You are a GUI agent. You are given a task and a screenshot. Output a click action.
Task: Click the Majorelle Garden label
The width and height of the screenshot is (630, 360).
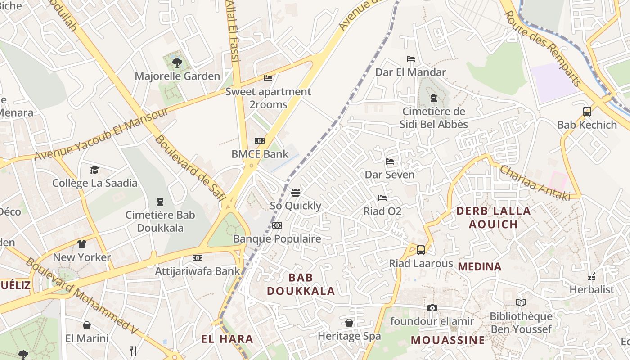tap(177, 76)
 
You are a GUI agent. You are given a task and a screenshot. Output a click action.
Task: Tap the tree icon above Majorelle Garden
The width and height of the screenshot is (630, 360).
tap(177, 63)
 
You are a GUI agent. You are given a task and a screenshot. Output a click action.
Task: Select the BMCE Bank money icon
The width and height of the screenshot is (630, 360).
tap(260, 141)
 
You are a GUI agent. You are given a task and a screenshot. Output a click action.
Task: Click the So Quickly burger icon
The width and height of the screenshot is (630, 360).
tap(296, 193)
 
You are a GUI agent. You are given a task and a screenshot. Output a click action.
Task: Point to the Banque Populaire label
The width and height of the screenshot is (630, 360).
tap(277, 239)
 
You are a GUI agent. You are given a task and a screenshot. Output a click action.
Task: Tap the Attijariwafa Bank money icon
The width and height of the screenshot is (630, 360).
tap(198, 258)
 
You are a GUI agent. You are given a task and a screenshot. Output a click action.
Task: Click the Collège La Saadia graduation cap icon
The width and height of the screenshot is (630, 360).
tap(94, 170)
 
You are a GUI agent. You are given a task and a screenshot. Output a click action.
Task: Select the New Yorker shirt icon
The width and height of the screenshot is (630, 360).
tap(81, 244)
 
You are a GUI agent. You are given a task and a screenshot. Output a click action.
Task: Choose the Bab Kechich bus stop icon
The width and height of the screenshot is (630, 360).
tap(587, 112)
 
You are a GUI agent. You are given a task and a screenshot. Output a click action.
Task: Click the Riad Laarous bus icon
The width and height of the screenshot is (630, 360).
tap(421, 250)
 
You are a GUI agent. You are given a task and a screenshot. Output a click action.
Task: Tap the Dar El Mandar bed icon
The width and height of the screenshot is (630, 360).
tap(410, 59)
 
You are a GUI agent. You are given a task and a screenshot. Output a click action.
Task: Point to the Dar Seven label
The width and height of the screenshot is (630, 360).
tap(390, 175)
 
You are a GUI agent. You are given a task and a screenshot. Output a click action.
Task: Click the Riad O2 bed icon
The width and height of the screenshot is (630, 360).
tap(382, 198)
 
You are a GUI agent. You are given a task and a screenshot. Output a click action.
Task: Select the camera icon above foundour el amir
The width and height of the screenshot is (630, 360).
tap(432, 308)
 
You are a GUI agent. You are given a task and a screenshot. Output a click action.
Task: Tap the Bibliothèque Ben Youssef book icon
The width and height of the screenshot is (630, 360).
tap(521, 303)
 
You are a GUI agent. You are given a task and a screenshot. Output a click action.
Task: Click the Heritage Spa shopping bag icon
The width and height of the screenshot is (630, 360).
tap(349, 323)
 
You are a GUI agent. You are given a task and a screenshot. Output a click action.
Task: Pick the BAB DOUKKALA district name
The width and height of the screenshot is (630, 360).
tap(301, 284)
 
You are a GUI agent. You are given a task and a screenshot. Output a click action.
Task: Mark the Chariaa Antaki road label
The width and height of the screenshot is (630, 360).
tap(535, 183)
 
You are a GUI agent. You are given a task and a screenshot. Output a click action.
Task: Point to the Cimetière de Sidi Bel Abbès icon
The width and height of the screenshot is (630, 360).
tap(434, 98)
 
